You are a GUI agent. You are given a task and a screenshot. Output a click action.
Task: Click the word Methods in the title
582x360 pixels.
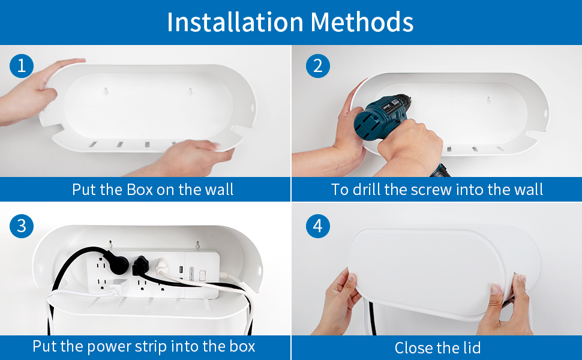362,22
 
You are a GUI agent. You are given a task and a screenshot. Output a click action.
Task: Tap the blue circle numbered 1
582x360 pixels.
22,65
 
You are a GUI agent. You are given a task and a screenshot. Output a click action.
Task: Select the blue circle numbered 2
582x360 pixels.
317,65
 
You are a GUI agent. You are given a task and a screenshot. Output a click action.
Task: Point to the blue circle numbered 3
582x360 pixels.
22,226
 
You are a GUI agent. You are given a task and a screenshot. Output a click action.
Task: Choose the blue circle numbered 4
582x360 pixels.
317,226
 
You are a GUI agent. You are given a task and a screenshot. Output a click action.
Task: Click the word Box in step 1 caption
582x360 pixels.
139,190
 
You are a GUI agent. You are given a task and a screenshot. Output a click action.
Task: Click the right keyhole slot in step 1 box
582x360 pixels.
190,92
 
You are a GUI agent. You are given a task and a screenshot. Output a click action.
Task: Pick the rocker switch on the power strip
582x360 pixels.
203,275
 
